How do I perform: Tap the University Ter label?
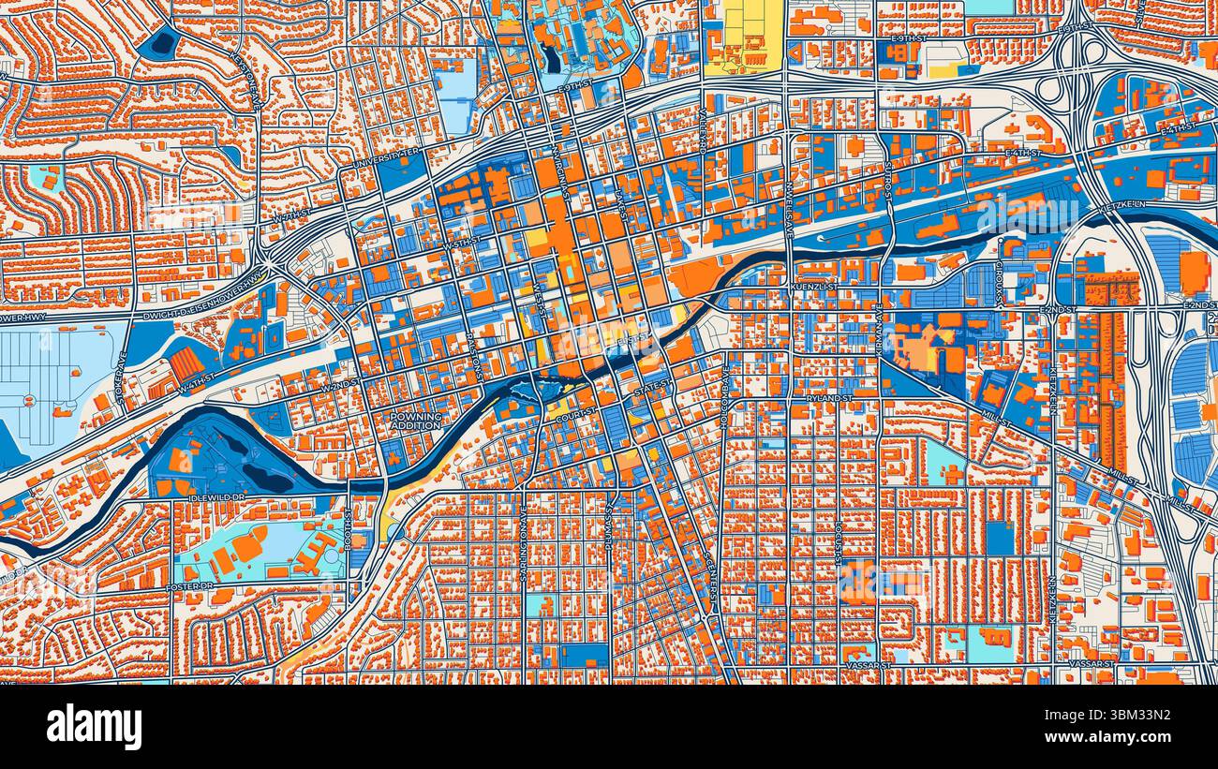tap(387, 158)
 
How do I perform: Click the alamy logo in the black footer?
tap(94, 727)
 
